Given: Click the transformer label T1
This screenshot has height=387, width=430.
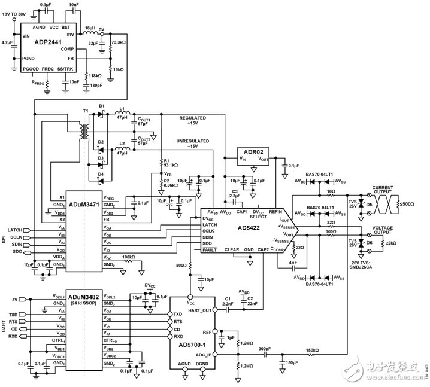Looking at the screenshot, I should [x=86, y=111].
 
